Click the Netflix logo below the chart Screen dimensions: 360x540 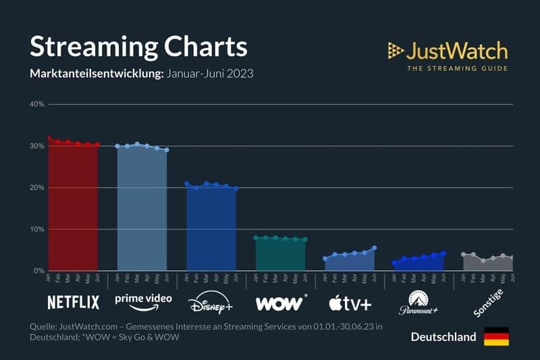(73, 302)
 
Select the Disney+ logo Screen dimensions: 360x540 (210, 302)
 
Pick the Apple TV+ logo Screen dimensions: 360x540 (350, 302)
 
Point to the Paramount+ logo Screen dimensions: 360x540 (418, 302)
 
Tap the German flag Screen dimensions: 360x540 (496, 336)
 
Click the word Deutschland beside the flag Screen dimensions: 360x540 (443, 337)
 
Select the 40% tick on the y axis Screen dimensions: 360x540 (36, 105)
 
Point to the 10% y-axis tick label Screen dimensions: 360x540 (36, 230)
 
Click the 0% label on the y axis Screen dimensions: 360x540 (38, 271)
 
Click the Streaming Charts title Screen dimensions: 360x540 (138, 47)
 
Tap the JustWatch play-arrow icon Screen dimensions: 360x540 (395, 50)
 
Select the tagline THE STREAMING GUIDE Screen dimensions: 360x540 (456, 68)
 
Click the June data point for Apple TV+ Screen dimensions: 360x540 (374, 248)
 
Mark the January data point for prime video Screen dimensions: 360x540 (117, 146)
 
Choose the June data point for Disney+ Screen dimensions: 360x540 (236, 188)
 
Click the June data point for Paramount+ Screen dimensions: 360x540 (443, 253)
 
